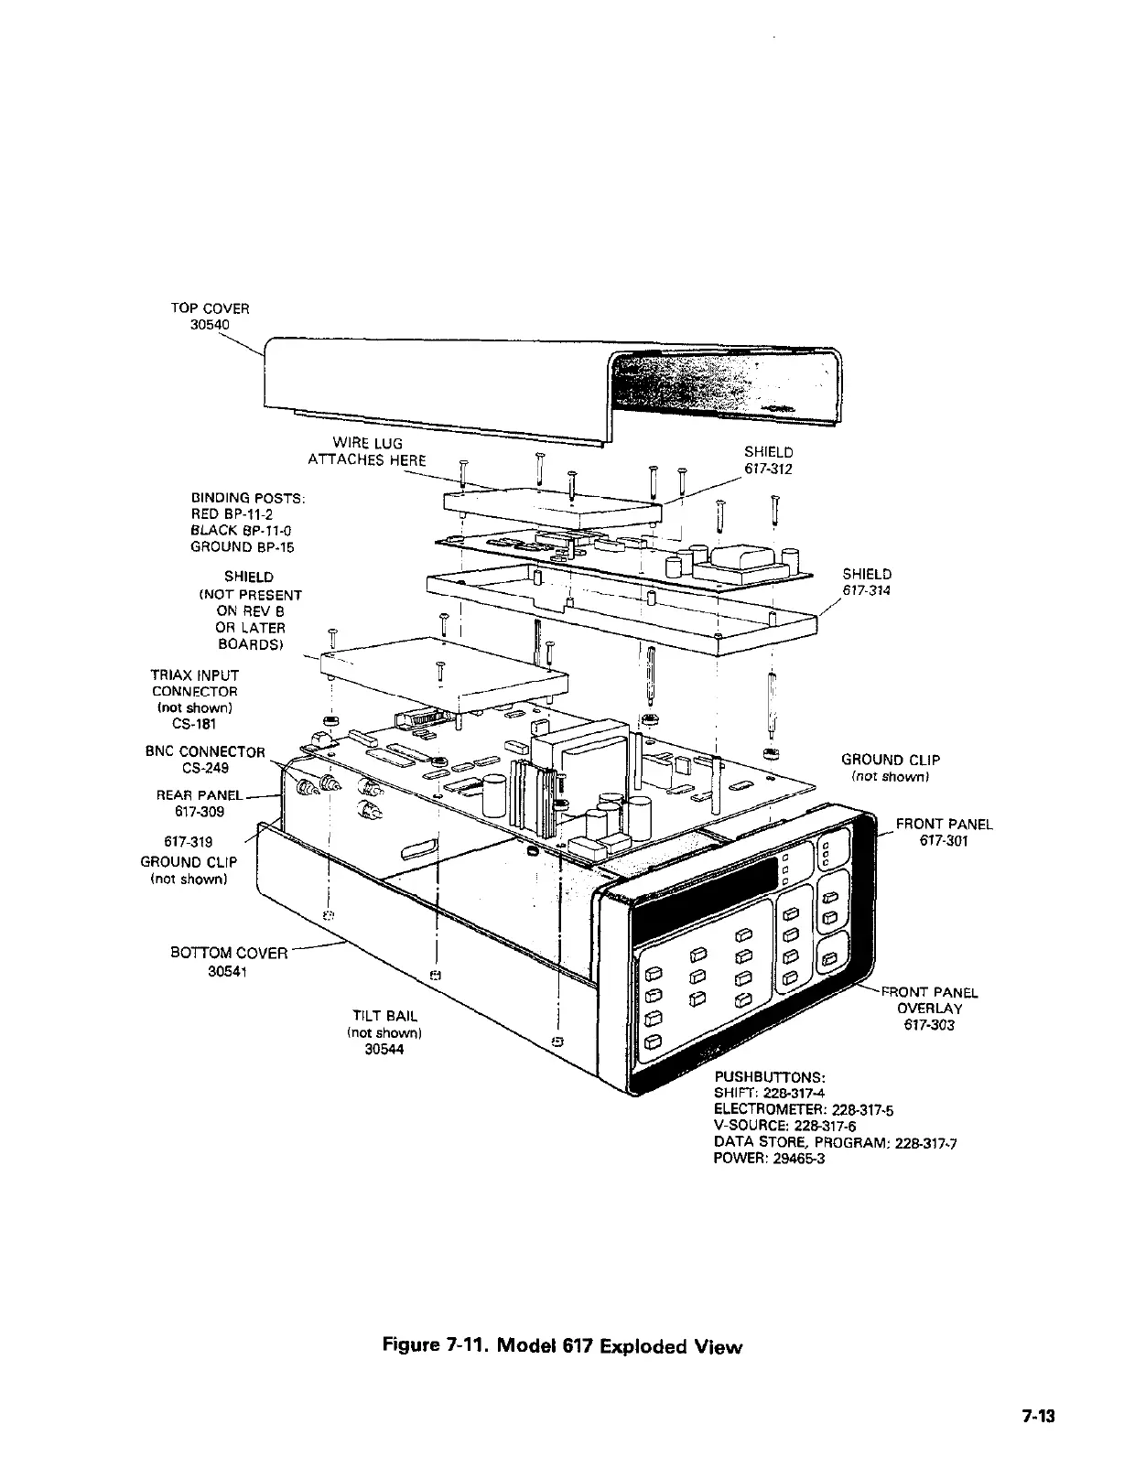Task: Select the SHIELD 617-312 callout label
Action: coord(768,460)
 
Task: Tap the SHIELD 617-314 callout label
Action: coord(866,582)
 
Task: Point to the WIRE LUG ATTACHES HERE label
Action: coord(367,451)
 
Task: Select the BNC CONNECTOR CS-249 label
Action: coord(205,760)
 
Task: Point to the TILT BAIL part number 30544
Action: coord(384,1050)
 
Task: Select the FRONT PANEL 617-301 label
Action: coord(944,833)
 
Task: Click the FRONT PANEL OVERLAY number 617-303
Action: coord(928,1025)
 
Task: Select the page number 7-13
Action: coord(1039,1416)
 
